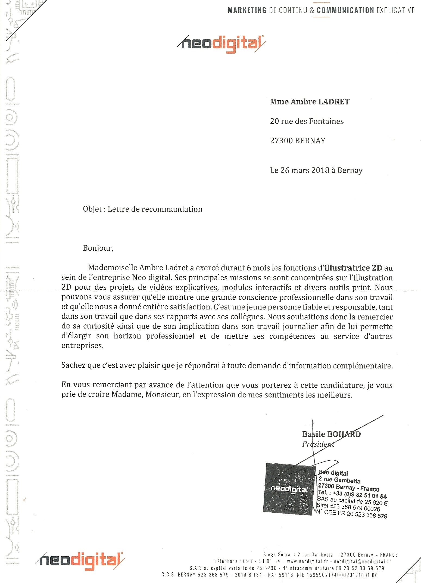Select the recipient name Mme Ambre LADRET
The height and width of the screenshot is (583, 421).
310,102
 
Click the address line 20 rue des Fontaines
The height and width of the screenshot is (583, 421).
307,121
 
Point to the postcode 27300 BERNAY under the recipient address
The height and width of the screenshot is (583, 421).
298,141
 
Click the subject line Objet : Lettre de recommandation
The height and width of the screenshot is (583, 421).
142,209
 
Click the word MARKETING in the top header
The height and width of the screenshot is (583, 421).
247,10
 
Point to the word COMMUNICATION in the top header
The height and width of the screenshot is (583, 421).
345,10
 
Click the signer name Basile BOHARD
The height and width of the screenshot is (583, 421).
331,434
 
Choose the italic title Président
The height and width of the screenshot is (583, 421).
318,444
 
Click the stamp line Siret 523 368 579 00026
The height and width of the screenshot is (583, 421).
348,507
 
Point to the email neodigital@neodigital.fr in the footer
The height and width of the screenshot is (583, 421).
362,562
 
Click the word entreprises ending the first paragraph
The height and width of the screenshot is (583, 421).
82,346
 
